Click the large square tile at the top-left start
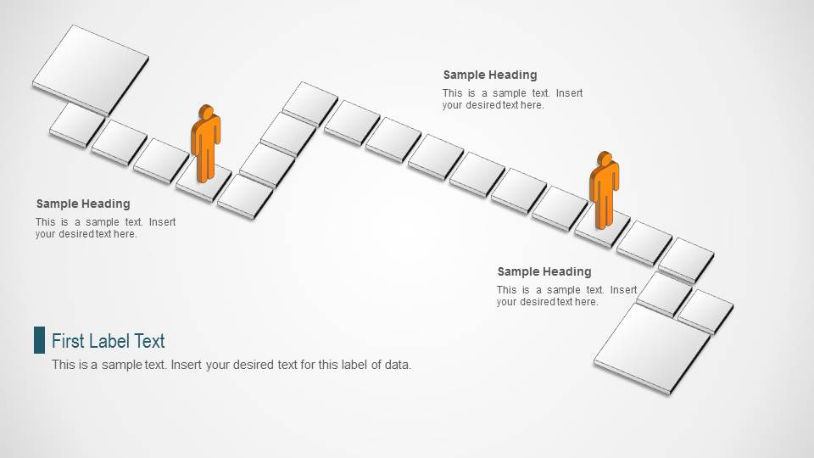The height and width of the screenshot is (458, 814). pyautogui.click(x=91, y=68)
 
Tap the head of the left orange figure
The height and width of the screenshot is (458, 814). pyautogui.click(x=206, y=113)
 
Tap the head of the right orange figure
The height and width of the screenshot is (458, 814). pyautogui.click(x=605, y=159)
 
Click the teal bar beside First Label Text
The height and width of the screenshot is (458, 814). pyautogui.click(x=39, y=340)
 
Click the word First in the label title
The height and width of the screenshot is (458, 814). pyautogui.click(x=68, y=341)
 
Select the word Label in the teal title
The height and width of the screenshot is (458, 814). pyautogui.click(x=111, y=341)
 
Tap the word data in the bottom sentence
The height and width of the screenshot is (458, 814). pyautogui.click(x=398, y=366)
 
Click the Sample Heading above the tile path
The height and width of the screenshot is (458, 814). pyautogui.click(x=490, y=75)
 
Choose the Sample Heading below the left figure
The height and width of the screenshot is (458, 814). pyautogui.click(x=83, y=204)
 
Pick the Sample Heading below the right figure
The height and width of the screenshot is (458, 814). pyautogui.click(x=544, y=271)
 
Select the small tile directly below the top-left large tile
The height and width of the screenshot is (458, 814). pyautogui.click(x=77, y=123)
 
